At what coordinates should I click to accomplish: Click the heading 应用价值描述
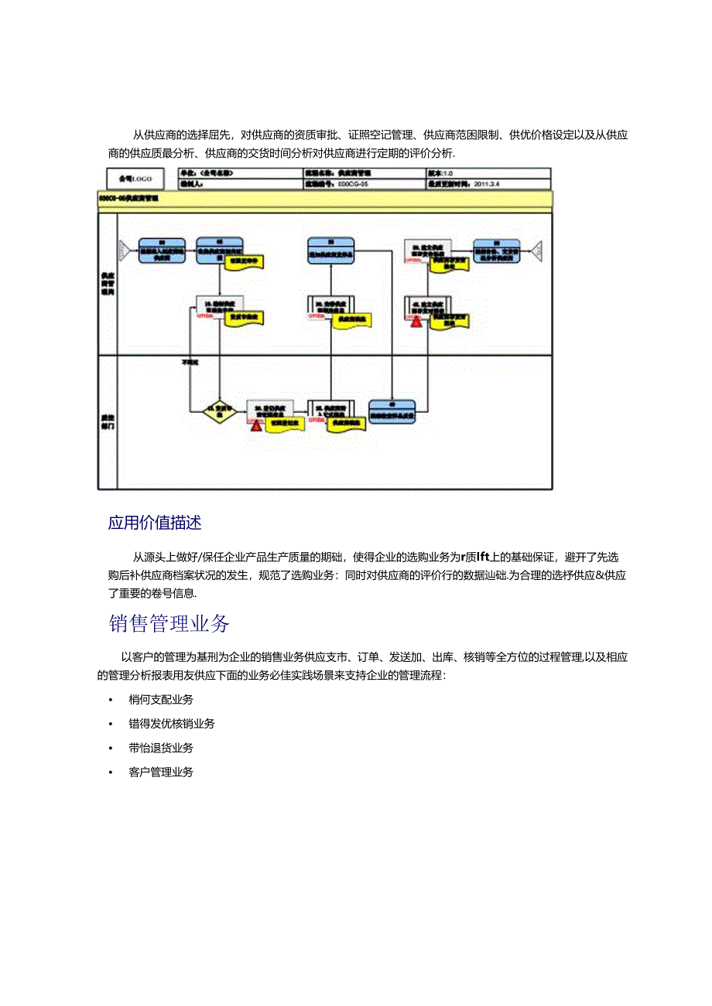(x=155, y=523)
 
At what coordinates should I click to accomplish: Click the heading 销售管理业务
(x=169, y=623)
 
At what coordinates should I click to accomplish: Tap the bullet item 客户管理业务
(x=161, y=772)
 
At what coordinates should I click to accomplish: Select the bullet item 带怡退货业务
(x=161, y=748)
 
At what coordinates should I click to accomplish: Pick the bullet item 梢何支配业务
(x=161, y=700)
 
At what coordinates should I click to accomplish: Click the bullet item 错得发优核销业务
(x=172, y=724)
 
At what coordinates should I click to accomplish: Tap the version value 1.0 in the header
(x=448, y=173)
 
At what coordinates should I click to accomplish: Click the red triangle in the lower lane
(x=255, y=424)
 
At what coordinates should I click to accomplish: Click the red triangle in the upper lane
(x=416, y=321)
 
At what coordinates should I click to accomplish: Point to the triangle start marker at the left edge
(x=124, y=250)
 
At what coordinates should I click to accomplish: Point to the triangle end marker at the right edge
(x=536, y=250)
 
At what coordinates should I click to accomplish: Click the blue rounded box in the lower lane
(x=392, y=411)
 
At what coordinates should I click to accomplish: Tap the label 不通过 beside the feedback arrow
(x=190, y=362)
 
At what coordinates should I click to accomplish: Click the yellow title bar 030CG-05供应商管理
(x=325, y=199)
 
